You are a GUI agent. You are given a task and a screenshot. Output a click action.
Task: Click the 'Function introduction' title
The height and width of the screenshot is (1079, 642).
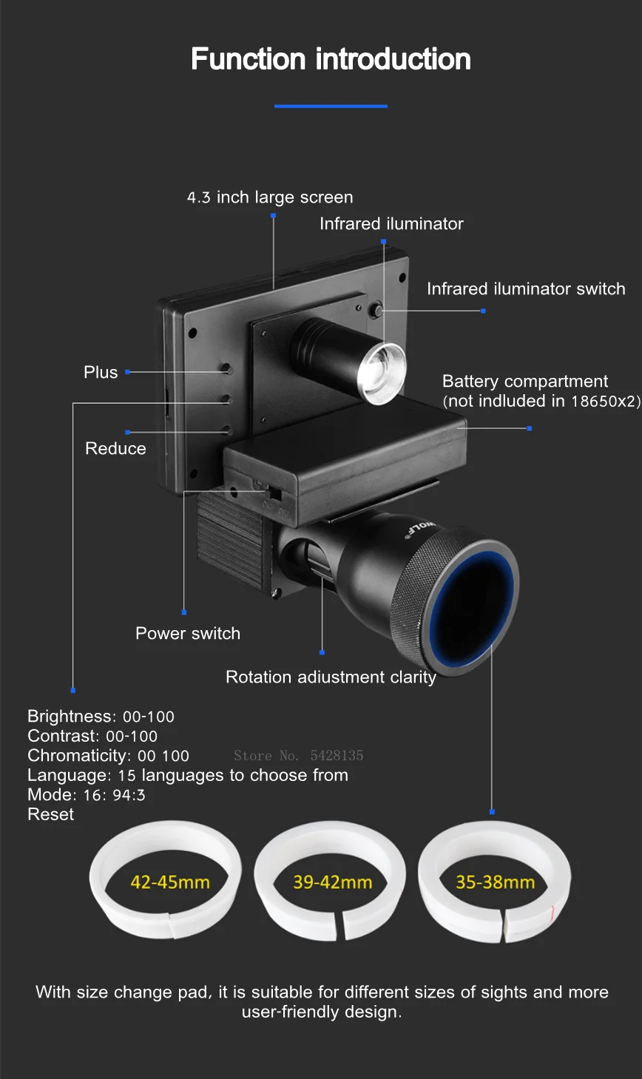[331, 59]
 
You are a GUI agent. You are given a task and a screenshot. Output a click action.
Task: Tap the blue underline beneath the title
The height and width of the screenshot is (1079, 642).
[331, 106]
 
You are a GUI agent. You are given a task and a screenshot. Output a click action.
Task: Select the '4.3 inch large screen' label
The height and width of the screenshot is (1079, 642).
[270, 197]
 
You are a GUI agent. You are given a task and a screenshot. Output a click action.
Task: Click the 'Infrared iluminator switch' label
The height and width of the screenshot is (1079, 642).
[526, 289]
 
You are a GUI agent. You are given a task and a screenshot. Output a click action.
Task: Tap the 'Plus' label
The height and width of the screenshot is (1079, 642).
[101, 372]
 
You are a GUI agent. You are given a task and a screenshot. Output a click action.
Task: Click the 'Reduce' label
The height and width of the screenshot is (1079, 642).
[115, 449]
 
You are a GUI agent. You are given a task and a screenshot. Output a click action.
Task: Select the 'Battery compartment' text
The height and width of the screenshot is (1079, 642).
[525, 382]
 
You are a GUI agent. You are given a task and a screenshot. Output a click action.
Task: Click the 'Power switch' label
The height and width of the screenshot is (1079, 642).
[188, 634]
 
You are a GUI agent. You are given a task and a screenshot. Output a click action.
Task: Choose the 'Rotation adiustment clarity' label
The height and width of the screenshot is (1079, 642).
[331, 677]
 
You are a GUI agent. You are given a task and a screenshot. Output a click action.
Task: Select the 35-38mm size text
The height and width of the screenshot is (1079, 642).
[495, 882]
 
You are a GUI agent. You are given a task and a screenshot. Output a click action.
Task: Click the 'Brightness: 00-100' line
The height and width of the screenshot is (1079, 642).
[101, 717]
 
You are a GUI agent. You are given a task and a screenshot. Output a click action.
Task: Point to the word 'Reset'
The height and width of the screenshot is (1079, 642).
[51, 814]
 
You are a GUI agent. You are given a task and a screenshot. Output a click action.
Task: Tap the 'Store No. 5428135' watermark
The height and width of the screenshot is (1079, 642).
[298, 756]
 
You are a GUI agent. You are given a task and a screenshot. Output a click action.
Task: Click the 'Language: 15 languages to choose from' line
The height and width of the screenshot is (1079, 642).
[188, 775]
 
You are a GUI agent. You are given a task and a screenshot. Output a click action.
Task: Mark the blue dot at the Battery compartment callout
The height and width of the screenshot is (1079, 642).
[529, 428]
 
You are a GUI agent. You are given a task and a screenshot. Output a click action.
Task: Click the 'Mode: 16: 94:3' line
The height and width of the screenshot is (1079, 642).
[87, 795]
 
